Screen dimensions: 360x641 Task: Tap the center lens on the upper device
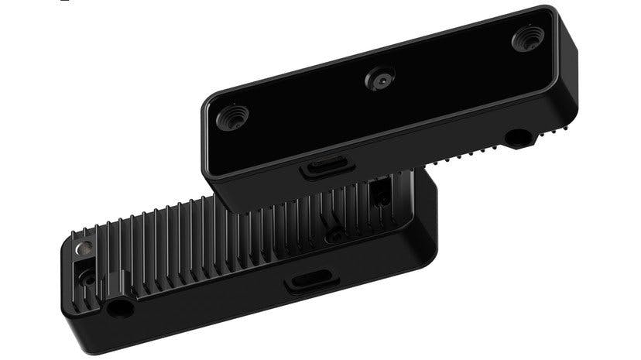click(x=381, y=78)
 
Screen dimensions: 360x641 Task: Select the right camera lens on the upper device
click(x=528, y=37)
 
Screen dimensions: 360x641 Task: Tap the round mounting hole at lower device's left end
click(x=119, y=308)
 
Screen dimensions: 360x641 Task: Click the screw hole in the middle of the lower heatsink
click(x=334, y=232)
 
